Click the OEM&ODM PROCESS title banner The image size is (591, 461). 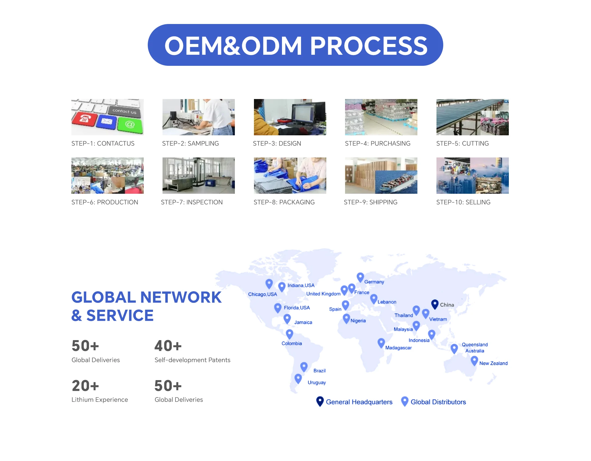point(295,45)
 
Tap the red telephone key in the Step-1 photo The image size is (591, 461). point(84,118)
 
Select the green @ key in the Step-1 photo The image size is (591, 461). point(130,125)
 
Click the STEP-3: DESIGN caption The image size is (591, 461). point(277,143)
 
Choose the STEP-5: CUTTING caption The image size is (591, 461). point(462,143)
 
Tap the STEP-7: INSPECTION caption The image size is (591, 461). point(191,202)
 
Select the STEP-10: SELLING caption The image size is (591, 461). point(463,202)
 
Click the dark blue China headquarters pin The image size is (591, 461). point(435,304)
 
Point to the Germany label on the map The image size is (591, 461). point(374,282)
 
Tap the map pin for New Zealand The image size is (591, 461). point(474,360)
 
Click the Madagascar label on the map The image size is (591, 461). point(398,348)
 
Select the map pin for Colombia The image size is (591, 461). point(289,333)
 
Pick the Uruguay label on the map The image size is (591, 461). point(316,382)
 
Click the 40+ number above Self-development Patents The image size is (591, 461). point(168,346)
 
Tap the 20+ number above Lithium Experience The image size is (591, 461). point(85,386)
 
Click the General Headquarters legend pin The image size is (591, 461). point(320,401)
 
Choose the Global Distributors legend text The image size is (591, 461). point(438,402)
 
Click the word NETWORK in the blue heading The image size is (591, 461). point(181,297)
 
